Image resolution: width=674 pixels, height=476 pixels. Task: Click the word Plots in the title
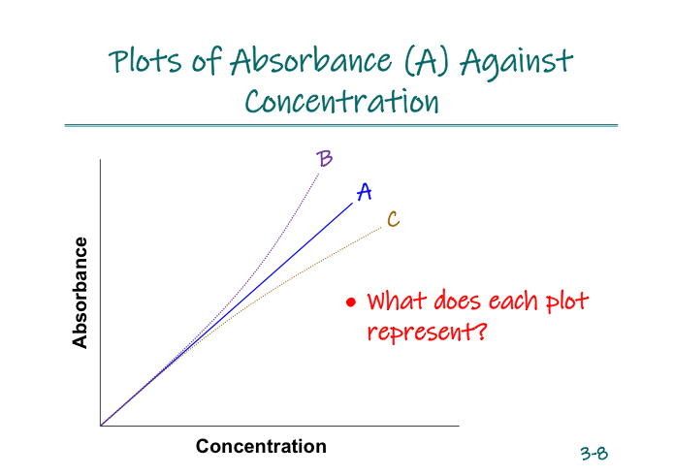(142, 62)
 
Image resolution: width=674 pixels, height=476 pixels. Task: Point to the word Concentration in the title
(341, 101)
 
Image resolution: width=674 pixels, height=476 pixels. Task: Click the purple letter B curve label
(325, 158)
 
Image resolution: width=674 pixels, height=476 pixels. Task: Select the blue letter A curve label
(365, 192)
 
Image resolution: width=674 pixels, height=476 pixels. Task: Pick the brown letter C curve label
(393, 219)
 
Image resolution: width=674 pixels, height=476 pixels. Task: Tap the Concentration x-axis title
(261, 446)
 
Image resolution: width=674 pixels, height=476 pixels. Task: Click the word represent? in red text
(427, 333)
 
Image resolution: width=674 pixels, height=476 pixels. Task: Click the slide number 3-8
(594, 453)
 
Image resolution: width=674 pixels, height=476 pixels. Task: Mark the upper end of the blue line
(352, 203)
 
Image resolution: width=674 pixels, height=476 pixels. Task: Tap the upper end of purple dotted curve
(319, 171)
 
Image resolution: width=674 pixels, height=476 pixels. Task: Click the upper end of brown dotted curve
(381, 227)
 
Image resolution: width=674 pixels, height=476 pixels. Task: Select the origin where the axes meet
(101, 425)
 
